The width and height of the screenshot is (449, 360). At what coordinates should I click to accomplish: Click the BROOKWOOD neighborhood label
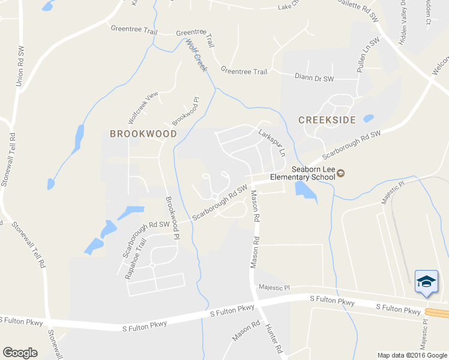[x=143, y=134]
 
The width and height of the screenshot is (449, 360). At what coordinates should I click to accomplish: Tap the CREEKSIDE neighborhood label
[x=327, y=120]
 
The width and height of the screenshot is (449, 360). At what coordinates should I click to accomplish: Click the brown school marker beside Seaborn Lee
[x=341, y=173]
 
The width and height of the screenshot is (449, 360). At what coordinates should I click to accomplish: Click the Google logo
[x=20, y=353]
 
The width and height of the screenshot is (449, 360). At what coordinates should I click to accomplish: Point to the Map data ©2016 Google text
[x=411, y=355]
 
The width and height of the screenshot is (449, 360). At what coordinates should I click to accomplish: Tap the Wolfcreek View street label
[x=143, y=103]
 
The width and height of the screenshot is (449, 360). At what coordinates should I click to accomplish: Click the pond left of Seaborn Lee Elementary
[x=305, y=191]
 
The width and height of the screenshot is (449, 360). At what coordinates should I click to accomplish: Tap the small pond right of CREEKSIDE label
[x=369, y=118]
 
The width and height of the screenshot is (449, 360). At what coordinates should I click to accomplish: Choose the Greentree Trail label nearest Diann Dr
[x=244, y=71]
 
